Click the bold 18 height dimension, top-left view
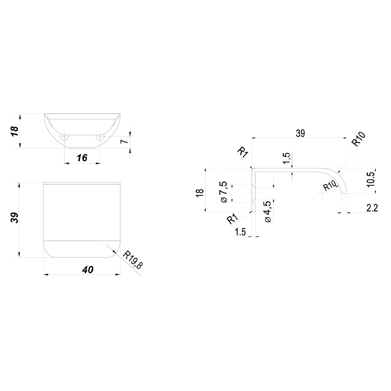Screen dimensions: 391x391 click(14, 131)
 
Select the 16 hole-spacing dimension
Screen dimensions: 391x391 click(82, 157)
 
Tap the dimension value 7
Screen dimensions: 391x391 click(125, 142)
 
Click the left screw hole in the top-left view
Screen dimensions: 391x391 click(64, 137)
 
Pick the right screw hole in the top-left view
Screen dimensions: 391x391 click(100, 137)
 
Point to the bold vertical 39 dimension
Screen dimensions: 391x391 click(14, 218)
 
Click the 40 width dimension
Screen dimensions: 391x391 click(88, 270)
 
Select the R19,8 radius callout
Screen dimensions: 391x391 click(133, 260)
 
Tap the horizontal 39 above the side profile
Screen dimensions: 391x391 click(300, 134)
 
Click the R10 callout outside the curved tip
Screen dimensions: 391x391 click(358, 139)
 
